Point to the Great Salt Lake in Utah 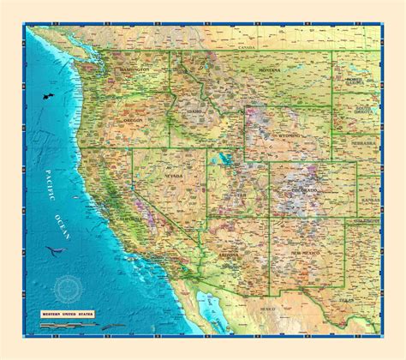[223, 159]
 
